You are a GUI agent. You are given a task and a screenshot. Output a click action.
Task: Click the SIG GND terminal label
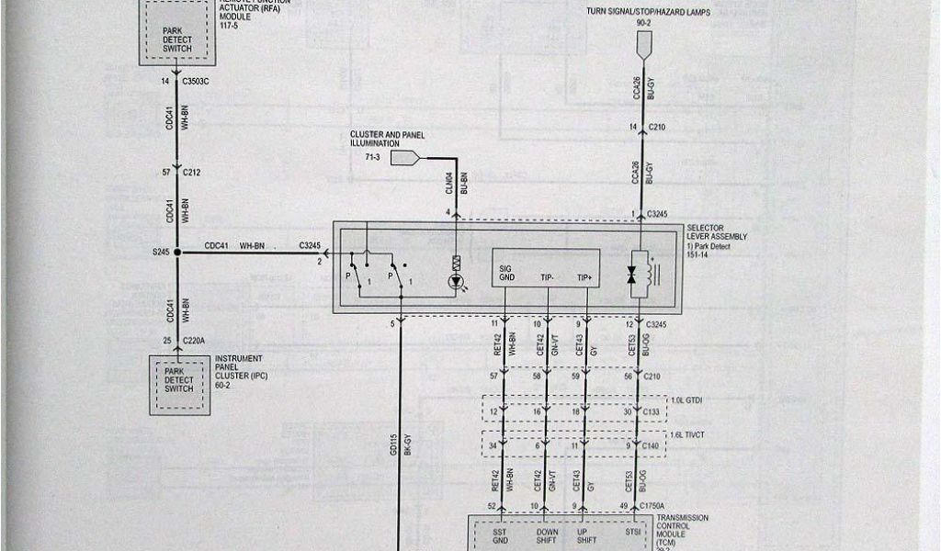[x=507, y=272]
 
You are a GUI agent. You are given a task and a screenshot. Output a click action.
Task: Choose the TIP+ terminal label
[x=585, y=276]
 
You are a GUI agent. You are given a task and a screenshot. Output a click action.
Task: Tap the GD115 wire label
[x=392, y=444]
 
